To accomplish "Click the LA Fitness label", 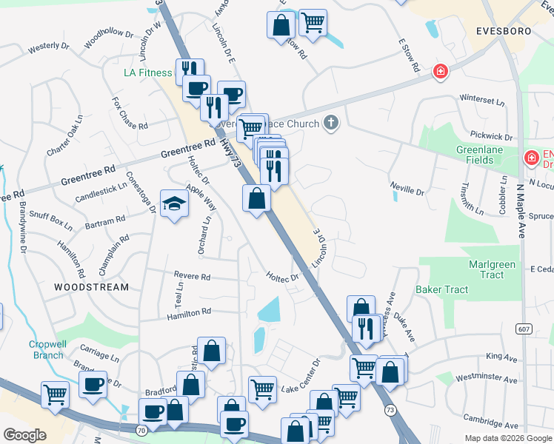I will (x=147, y=73).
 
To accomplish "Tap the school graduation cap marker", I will (x=174, y=203).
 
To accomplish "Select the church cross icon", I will (x=331, y=124).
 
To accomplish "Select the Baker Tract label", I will (x=441, y=289).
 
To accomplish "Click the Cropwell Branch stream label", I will (x=48, y=349).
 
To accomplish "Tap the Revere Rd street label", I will (x=192, y=276).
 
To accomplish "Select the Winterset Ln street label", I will (x=481, y=98).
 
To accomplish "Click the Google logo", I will (x=24, y=435).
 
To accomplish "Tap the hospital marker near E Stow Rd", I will (x=440, y=71).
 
